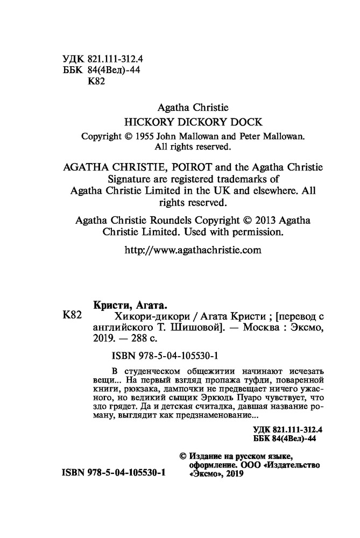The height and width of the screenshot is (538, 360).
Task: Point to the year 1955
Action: tap(147, 136)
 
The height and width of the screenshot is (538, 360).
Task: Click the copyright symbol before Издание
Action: tap(182, 455)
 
